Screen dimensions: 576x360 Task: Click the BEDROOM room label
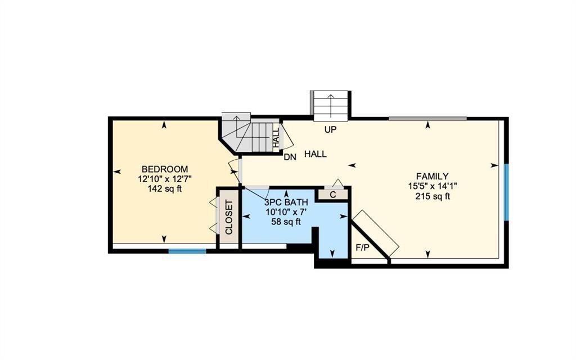point(165,169)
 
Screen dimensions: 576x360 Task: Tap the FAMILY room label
point(432,176)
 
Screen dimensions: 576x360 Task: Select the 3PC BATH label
point(286,202)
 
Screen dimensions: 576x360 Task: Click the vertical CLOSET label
point(229,217)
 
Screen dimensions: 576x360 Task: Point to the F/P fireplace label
point(362,248)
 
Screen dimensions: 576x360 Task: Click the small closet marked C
point(333,195)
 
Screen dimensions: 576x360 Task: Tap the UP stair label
point(330,130)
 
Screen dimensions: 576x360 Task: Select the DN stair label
point(290,157)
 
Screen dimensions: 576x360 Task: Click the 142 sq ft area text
point(165,189)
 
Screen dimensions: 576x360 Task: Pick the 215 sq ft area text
point(433,196)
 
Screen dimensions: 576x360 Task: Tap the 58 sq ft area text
point(286,222)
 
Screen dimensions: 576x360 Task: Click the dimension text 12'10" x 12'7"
point(165,179)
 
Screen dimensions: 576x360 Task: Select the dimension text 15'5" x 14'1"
point(433,186)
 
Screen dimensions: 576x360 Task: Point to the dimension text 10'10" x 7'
point(286,212)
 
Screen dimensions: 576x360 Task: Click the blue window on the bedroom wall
point(187,251)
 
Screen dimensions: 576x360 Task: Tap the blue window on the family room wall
point(506,192)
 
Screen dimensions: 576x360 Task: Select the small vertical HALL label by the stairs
point(276,137)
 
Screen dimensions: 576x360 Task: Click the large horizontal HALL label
point(315,154)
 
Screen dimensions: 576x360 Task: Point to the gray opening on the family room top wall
point(427,119)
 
